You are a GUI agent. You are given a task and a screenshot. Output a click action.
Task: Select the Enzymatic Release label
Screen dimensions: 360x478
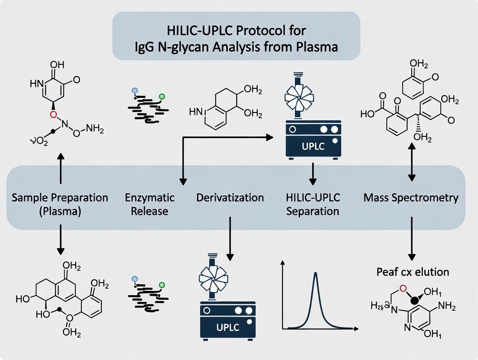click(150, 205)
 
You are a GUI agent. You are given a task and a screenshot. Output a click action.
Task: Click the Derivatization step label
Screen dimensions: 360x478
click(230, 198)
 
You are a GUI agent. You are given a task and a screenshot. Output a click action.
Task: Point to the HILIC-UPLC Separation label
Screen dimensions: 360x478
click(313, 205)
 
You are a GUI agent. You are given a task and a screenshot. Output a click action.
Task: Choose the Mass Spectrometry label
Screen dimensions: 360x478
click(411, 198)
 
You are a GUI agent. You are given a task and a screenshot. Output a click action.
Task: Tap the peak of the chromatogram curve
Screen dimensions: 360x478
click(317, 273)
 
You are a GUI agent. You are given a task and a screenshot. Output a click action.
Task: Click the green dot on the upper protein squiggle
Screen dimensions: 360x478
click(162, 96)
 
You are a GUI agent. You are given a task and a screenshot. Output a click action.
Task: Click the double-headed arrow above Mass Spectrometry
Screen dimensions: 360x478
click(412, 163)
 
